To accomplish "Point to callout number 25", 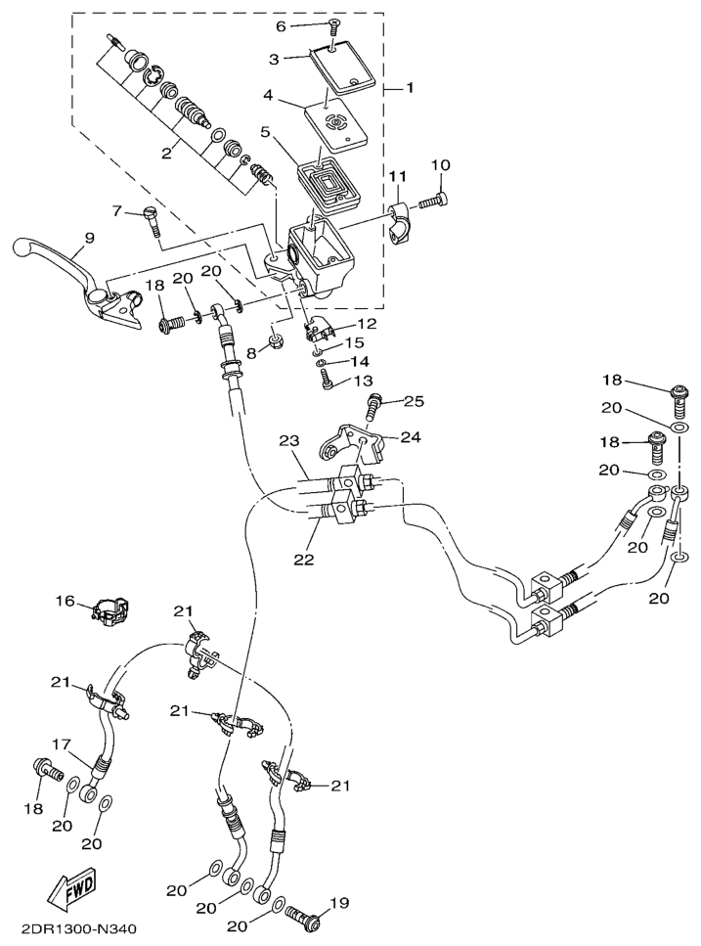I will tap(414, 402).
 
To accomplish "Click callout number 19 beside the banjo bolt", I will tap(340, 903).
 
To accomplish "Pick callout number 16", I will tap(66, 602).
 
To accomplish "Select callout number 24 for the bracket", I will tap(412, 437).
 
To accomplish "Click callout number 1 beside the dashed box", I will tap(411, 88).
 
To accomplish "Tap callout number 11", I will tap(397, 176).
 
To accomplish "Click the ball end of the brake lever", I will tap(24, 248).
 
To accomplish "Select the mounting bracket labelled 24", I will tap(348, 438).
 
